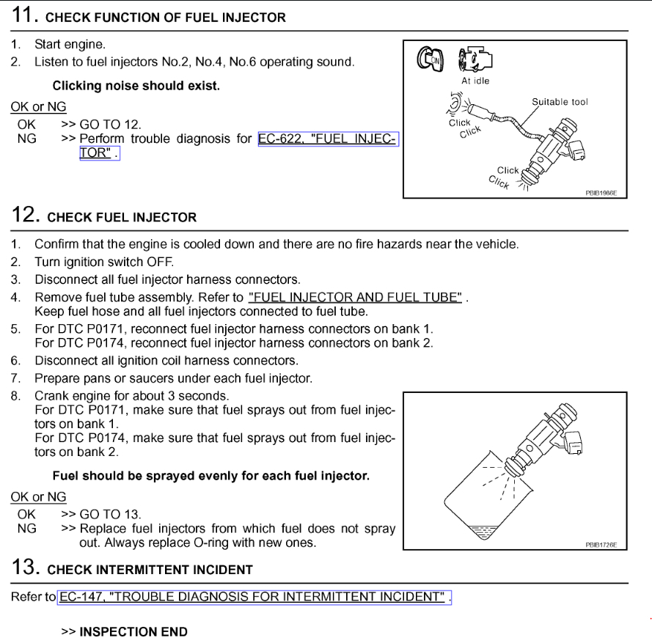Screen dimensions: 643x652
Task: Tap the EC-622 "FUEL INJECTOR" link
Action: pos(328,139)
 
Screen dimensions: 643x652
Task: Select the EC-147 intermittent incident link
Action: pos(254,597)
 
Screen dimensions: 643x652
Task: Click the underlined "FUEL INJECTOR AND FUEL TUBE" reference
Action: pos(356,297)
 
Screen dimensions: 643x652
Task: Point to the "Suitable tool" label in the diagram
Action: pos(560,102)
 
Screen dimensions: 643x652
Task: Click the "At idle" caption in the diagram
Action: pos(476,81)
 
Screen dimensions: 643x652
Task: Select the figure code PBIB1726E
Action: pos(601,545)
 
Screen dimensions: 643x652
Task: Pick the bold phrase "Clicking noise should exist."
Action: pos(136,87)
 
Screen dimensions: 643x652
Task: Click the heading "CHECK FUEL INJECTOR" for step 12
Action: pos(122,218)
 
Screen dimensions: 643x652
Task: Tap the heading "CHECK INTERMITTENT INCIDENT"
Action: pos(150,570)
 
